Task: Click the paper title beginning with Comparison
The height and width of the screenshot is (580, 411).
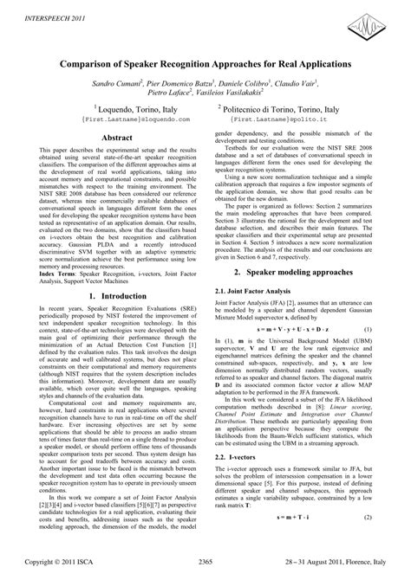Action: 205,65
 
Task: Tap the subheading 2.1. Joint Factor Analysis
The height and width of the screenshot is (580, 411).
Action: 259,268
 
